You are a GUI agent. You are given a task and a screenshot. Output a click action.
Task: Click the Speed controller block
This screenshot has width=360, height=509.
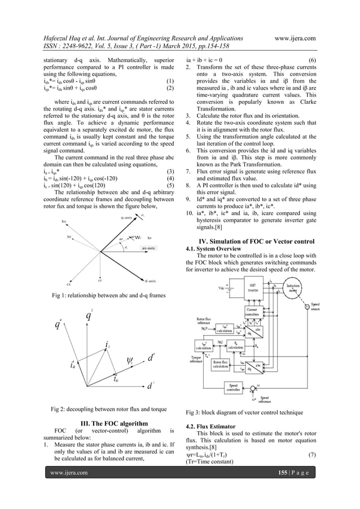click(232, 388)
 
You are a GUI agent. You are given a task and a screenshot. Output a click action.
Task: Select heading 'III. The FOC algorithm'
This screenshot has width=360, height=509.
click(108, 423)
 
